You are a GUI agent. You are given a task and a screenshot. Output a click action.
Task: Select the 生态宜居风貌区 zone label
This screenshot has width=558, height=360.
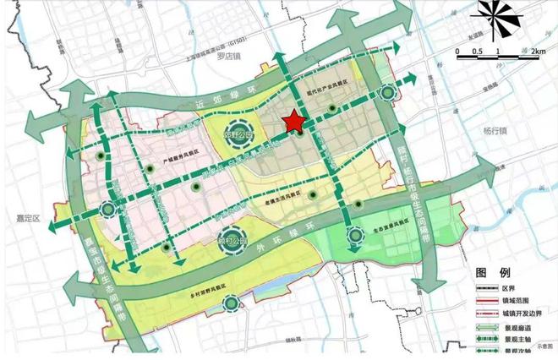[x=391, y=227]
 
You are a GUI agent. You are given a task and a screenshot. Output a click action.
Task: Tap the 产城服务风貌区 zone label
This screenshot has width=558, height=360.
[x=179, y=155]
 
